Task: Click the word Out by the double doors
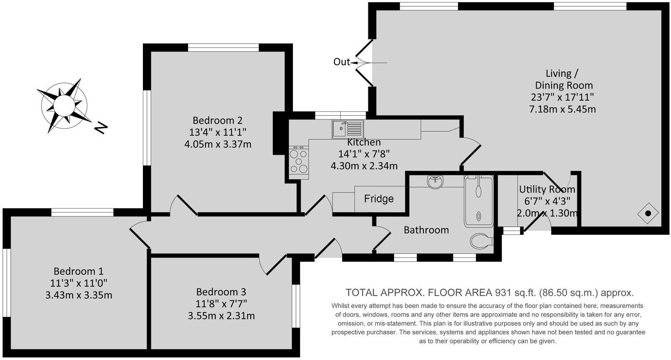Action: pyautogui.click(x=342, y=62)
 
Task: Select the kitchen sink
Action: pyautogui.click(x=347, y=129)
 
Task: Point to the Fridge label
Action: pyautogui.click(x=379, y=198)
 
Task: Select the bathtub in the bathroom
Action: pyautogui.click(x=478, y=201)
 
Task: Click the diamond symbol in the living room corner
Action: pyautogui.click(x=647, y=214)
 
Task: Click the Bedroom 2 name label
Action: pyautogui.click(x=217, y=120)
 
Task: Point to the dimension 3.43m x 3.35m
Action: pyautogui.click(x=79, y=295)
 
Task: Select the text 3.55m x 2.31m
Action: pyautogui.click(x=221, y=316)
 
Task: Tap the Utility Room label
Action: pyautogui.click(x=547, y=190)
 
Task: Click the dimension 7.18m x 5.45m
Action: pyautogui.click(x=562, y=109)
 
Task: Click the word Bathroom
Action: pyautogui.click(x=426, y=230)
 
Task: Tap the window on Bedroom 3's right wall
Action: pyautogui.click(x=296, y=306)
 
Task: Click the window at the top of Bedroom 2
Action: pyautogui.click(x=223, y=47)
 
